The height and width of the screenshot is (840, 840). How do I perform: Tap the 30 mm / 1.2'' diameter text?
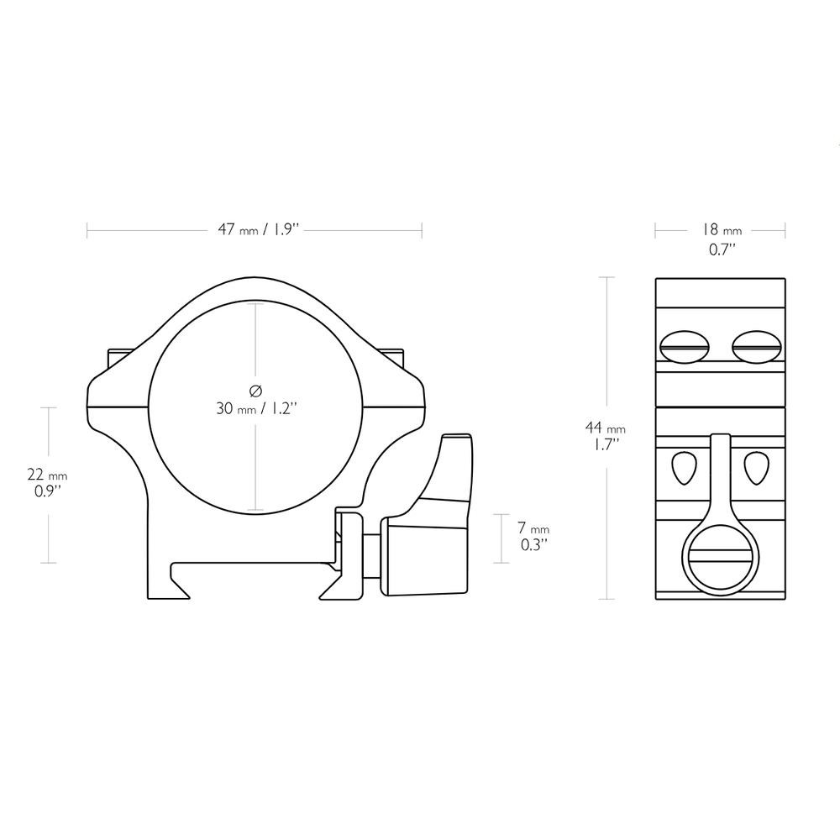(256, 409)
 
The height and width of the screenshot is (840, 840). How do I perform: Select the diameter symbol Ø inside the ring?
(256, 390)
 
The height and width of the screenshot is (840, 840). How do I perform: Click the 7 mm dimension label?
(533, 528)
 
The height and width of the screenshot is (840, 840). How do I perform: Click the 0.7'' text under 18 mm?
(720, 249)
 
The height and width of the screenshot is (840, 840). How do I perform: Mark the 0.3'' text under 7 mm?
(533, 544)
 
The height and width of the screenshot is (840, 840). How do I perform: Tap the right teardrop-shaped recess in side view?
(756, 468)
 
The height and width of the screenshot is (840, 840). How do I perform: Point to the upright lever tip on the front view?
(456, 444)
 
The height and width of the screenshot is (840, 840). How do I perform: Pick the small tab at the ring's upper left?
(116, 358)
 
